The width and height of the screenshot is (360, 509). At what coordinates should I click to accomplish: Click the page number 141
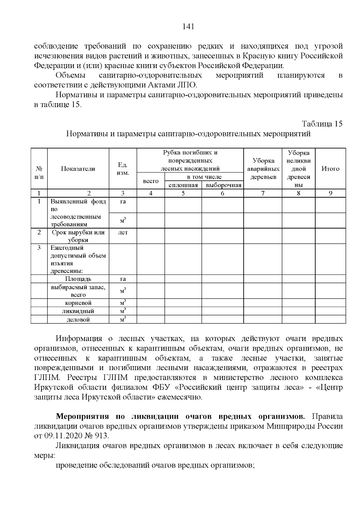[188, 27]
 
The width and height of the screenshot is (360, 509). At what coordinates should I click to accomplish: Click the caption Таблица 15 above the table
[322, 124]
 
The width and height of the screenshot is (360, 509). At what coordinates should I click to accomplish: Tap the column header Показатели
[78, 169]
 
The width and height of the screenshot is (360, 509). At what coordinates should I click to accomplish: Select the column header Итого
[330, 169]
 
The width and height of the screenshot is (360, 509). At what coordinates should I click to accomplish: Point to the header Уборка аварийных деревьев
[263, 169]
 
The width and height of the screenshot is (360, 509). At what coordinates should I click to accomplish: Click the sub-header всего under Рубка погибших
[151, 181]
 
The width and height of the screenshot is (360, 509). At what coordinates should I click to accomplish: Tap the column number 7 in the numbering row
[263, 193]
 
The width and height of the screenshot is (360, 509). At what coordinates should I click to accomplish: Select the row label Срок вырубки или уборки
[78, 236]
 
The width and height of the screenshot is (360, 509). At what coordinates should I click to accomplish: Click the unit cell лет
[123, 232]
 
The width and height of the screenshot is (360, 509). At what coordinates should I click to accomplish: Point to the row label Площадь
[78, 279]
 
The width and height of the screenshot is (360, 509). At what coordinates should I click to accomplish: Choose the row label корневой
[78, 303]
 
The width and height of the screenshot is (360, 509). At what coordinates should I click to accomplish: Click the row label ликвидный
[78, 311]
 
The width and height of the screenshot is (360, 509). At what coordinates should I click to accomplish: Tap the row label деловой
[78, 320]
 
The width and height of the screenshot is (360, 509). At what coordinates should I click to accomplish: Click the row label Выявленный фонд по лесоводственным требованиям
[78, 213]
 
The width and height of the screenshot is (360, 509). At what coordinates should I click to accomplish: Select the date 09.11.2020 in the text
[63, 436]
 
